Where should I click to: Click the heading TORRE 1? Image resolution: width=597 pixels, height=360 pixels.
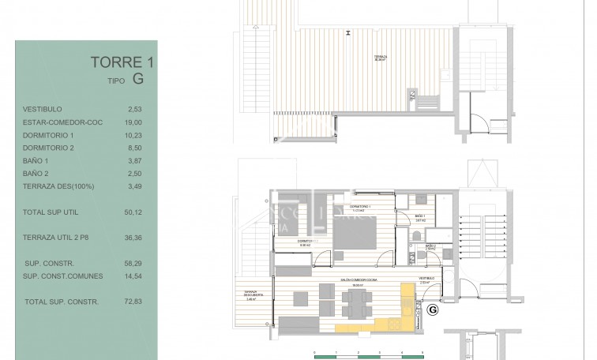(118, 62)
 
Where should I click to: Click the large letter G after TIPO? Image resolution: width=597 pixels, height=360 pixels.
(138, 79)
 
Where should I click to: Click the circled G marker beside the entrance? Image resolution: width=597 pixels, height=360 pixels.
(432, 310)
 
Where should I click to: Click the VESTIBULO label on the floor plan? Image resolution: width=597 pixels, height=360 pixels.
(425, 279)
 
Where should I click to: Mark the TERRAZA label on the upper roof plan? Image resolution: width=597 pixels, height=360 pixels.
(381, 56)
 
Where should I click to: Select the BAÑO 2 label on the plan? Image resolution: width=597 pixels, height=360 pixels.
(430, 246)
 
